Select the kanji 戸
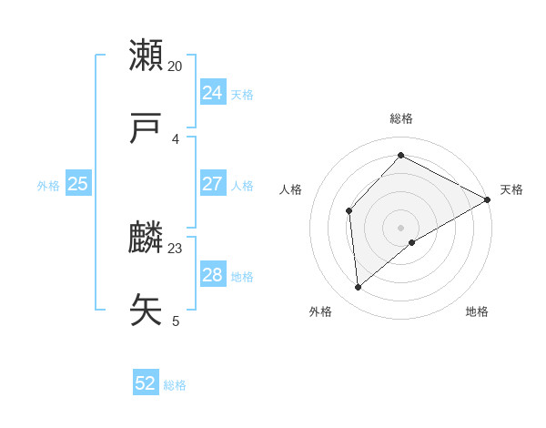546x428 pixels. click(147, 128)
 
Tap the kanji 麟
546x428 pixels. click(147, 237)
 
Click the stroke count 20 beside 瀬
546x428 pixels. click(176, 66)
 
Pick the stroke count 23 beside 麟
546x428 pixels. click(176, 248)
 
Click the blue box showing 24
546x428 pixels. click(212, 93)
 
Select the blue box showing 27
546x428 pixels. click(212, 184)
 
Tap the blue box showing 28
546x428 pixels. click(212, 275)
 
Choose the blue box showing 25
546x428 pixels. click(77, 184)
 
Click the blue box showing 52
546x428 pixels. click(146, 383)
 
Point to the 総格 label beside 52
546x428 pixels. click(175, 385)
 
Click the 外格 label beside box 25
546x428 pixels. click(48, 186)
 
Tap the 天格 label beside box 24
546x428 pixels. click(242, 95)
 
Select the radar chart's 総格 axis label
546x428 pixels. click(401, 118)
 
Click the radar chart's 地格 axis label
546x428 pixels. click(477, 311)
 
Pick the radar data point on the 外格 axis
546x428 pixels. click(359, 288)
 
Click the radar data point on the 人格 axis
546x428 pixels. click(349, 210)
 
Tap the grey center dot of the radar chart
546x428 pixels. click(401, 227)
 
